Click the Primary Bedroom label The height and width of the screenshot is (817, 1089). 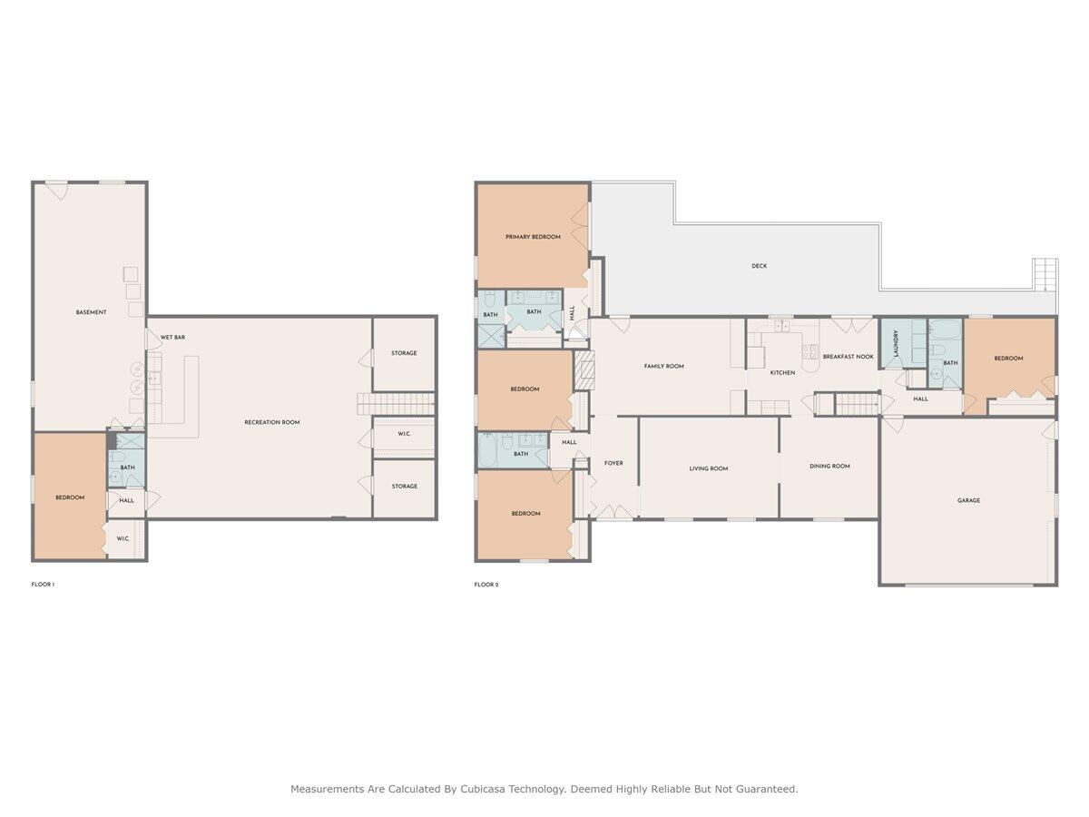(533, 237)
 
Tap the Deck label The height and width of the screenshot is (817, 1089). (759, 266)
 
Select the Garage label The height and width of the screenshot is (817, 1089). (968, 500)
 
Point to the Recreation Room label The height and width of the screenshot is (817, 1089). (272, 423)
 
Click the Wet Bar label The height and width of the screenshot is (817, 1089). (172, 338)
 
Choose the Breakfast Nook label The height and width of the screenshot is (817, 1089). (848, 357)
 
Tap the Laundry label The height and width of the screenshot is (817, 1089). (896, 343)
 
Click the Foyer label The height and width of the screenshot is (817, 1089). (613, 463)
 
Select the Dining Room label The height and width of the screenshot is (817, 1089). (829, 467)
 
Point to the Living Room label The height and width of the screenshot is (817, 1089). (709, 468)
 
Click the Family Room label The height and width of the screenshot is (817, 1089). (663, 367)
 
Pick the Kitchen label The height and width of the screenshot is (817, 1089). (782, 373)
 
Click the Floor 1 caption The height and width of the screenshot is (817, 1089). (43, 585)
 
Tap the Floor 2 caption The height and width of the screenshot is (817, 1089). (486, 585)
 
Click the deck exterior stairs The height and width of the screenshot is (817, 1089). (1045, 275)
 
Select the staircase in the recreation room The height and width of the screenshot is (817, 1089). (396, 404)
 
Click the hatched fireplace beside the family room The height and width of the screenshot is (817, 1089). (584, 370)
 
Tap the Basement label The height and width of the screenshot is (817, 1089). (91, 312)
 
